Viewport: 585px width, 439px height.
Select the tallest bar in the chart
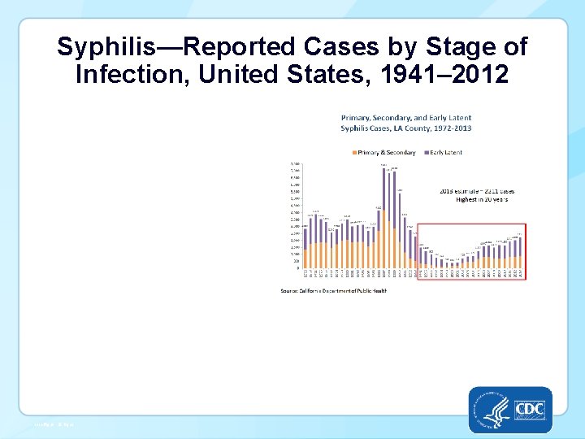(x=383, y=219)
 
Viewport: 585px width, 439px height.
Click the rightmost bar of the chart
(x=520, y=253)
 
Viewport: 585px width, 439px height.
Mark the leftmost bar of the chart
(x=305, y=248)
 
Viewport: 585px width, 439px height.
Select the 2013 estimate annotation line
(x=477, y=191)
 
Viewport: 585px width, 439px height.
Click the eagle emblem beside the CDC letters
(x=494, y=408)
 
